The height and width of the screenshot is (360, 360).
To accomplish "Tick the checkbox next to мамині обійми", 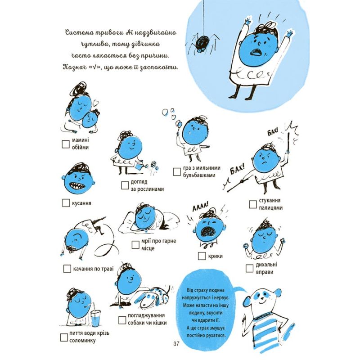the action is pyautogui.click(x=66, y=144).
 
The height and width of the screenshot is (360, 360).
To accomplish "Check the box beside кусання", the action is pyautogui.click(x=66, y=203).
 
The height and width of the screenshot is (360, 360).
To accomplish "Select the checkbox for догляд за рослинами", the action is pyautogui.click(x=125, y=185).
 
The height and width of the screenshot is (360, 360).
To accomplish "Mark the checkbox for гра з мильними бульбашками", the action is pyautogui.click(x=177, y=172).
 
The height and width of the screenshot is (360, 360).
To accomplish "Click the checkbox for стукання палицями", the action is pyautogui.click(x=253, y=204).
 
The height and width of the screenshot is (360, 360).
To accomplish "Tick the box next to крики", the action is pyautogui.click(x=202, y=256).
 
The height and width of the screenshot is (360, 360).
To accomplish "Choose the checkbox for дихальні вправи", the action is pyautogui.click(x=250, y=268).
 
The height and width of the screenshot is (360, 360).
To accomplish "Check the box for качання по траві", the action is pyautogui.click(x=67, y=269).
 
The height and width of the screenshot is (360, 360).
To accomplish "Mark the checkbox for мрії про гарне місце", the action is pyautogui.click(x=136, y=245).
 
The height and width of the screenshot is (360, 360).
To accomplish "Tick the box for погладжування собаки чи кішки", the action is pyautogui.click(x=122, y=320).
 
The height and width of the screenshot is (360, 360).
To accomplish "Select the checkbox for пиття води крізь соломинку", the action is pyautogui.click(x=64, y=337).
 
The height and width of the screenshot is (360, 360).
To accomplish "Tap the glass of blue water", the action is pyautogui.click(x=95, y=319).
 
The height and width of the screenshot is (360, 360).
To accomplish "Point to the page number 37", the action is pyautogui.click(x=176, y=344).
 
